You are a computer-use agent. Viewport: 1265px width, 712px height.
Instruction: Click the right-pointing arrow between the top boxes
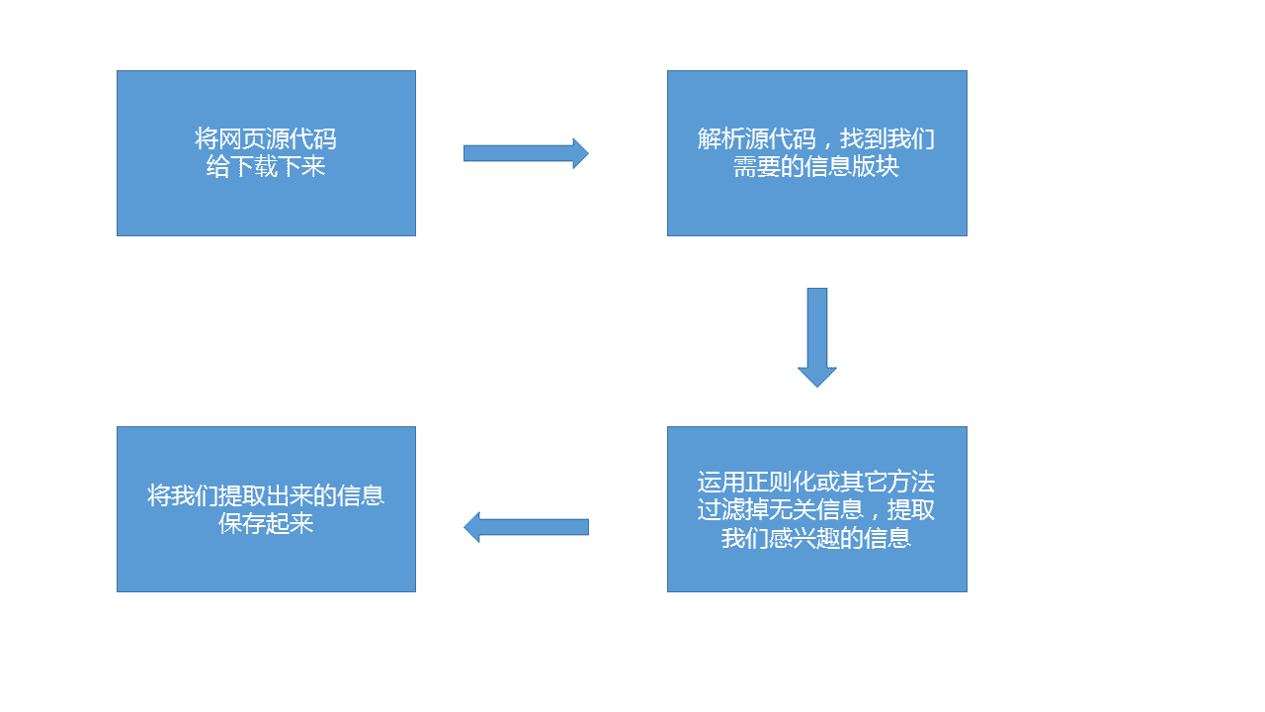(526, 153)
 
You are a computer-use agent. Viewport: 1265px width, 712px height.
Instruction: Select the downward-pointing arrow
(817, 337)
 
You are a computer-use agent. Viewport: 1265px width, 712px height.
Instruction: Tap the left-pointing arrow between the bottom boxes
(526, 527)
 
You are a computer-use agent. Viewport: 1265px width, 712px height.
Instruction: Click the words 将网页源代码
(266, 139)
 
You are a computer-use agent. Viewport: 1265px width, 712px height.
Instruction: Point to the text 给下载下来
(266, 166)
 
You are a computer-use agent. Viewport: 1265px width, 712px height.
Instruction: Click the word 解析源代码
(745, 139)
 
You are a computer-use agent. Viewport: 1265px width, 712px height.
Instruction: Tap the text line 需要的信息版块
(816, 166)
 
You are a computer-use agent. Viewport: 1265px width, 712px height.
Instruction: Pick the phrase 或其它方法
(876, 483)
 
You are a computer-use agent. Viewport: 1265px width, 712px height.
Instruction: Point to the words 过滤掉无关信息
(780, 510)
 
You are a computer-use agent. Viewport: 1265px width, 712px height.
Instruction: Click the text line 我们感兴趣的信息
(816, 538)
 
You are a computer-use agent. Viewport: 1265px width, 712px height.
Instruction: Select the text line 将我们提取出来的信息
(266, 495)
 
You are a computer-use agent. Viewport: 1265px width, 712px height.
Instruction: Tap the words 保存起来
(266, 523)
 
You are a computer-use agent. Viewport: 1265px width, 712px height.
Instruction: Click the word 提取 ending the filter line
(911, 510)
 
